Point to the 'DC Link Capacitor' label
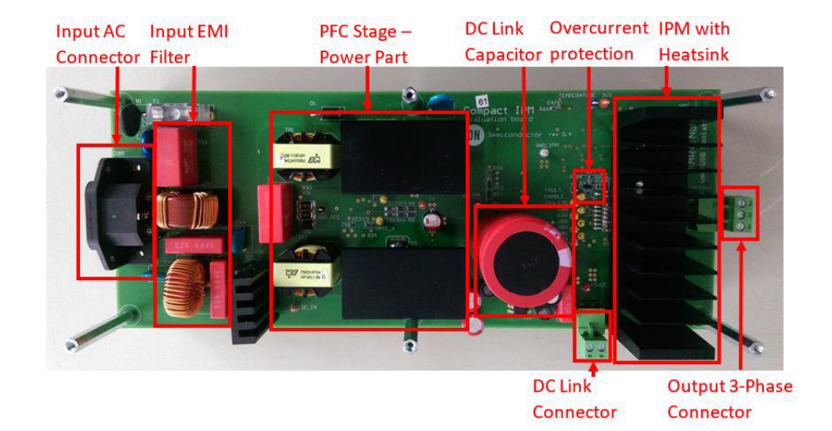tap(503, 42)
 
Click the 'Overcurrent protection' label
tap(598, 41)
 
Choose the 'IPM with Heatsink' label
tap(694, 42)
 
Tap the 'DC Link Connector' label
tap(574, 399)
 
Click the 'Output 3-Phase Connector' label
tap(730, 399)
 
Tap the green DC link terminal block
tap(592, 337)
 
